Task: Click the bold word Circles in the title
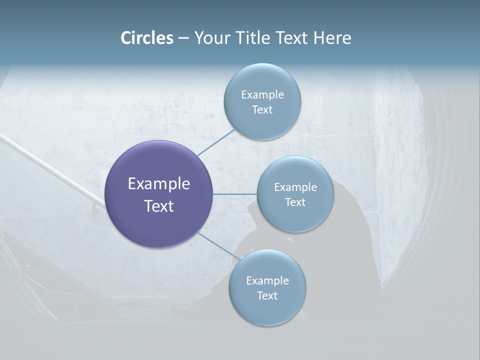[146, 38]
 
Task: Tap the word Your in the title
[209, 38]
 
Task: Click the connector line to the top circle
[216, 142]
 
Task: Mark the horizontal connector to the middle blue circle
[234, 194]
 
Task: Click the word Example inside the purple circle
[158, 184]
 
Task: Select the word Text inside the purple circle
[158, 206]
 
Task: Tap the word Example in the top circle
[262, 95]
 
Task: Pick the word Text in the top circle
[262, 110]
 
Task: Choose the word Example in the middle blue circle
[295, 187]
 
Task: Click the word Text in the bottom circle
[267, 296]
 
